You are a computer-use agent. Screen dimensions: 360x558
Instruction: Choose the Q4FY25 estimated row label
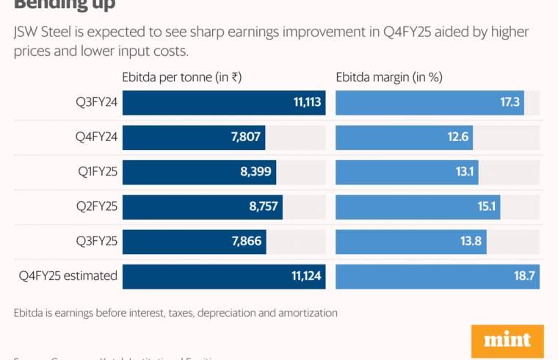coord(68,276)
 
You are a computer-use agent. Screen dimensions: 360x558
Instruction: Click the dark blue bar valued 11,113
coord(224,103)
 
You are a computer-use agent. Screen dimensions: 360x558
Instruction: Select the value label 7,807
coord(244,137)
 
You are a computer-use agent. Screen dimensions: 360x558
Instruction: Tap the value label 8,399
coord(256,172)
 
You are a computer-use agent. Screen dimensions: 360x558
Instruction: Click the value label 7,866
coord(245,242)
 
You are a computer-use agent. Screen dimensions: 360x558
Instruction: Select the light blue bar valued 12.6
coord(404,137)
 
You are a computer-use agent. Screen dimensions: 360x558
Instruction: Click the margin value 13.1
coord(465,172)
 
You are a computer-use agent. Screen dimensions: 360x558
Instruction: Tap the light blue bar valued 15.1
coord(418,207)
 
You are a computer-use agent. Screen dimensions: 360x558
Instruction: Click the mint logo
coord(507,341)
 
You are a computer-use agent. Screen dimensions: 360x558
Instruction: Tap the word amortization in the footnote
coord(306,313)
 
